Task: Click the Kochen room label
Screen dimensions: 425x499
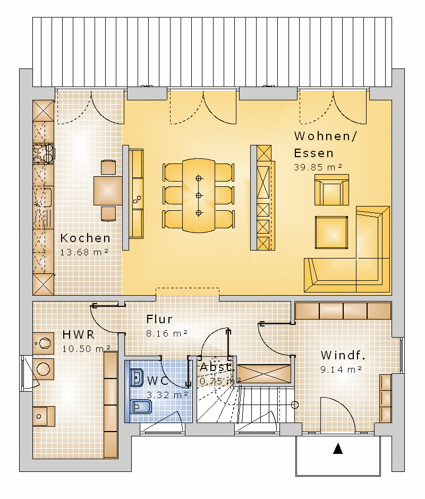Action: (x=85, y=238)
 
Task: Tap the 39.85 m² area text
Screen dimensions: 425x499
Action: (x=318, y=167)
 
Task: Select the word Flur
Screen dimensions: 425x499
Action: (x=159, y=319)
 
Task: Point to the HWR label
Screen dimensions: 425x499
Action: (x=79, y=335)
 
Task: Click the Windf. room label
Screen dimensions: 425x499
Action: (x=343, y=355)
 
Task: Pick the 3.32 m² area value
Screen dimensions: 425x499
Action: (x=167, y=395)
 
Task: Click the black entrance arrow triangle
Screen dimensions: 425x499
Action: (x=338, y=449)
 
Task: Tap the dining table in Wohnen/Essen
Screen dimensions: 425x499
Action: (x=199, y=195)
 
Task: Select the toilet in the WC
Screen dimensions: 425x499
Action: (x=141, y=407)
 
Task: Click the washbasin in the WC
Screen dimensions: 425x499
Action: (x=137, y=377)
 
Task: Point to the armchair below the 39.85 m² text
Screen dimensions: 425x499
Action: (x=331, y=190)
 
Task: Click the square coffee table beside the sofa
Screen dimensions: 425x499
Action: (x=331, y=233)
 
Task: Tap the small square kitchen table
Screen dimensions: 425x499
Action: (x=108, y=191)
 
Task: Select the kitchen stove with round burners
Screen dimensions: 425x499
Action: (x=44, y=153)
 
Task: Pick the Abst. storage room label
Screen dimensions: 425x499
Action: (x=217, y=367)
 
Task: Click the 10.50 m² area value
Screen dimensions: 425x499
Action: (x=86, y=349)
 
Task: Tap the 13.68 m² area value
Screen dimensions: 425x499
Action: (x=84, y=252)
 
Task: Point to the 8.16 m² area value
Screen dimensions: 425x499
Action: (x=167, y=333)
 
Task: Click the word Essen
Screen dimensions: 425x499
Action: (x=313, y=153)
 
